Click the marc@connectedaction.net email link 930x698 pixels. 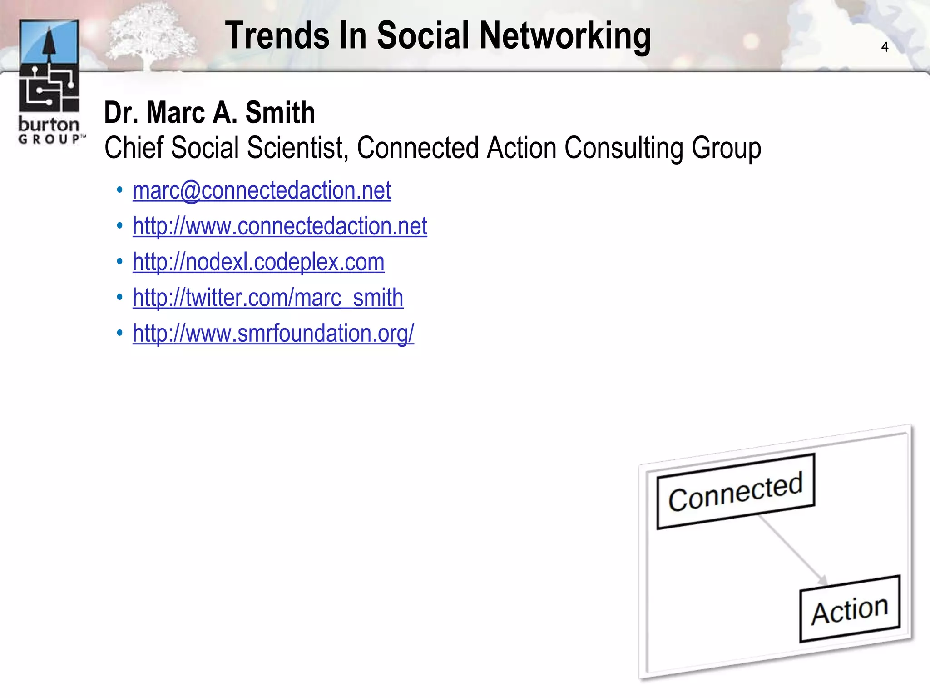(x=262, y=190)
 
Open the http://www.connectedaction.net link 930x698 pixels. (x=280, y=226)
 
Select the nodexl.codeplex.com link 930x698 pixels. (x=258, y=262)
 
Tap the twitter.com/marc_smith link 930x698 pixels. (x=268, y=298)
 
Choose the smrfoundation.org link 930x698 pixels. (x=273, y=334)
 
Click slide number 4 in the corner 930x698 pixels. (x=885, y=47)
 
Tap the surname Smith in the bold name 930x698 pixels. (x=280, y=113)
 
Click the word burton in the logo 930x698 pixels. (x=49, y=125)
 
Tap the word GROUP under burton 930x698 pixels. (x=50, y=139)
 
